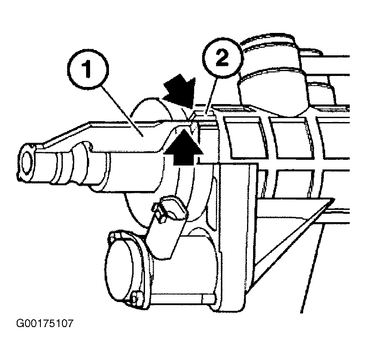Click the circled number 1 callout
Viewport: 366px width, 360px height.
pyautogui.click(x=88, y=69)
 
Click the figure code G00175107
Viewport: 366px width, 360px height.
pyautogui.click(x=45, y=324)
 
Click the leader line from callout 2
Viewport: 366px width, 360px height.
pyautogui.click(x=212, y=96)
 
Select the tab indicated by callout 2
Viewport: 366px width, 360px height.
pyautogui.click(x=203, y=114)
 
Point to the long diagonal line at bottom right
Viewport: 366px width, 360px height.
pyautogui.click(x=312, y=268)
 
